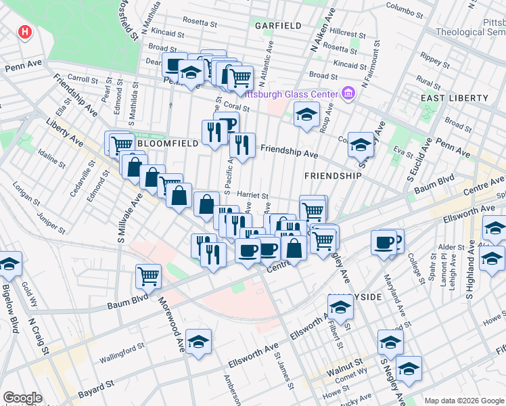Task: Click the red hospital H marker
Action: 25,32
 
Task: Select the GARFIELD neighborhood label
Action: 277,26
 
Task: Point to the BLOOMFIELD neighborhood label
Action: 167,143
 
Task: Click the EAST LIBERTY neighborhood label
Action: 454,98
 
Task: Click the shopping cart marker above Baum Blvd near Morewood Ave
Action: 148,275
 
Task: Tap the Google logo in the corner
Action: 22,398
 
